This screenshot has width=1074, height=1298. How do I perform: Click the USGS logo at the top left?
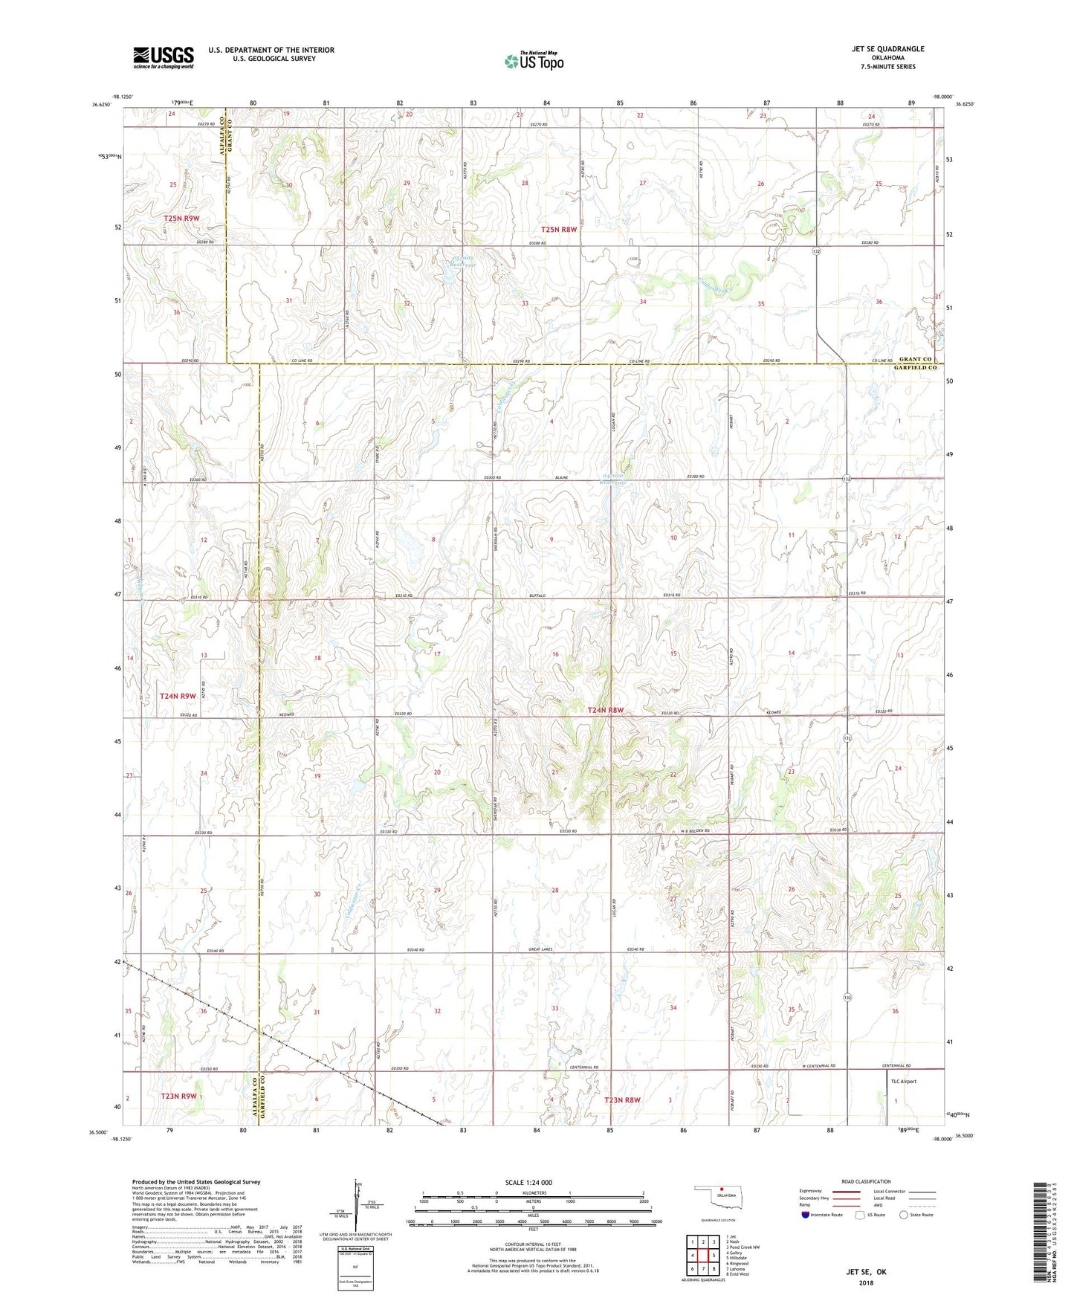pos(164,57)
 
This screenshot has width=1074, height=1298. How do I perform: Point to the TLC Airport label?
pos(903,1082)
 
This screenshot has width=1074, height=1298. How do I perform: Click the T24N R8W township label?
pos(605,711)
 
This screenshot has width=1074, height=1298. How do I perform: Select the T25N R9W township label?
pos(181,219)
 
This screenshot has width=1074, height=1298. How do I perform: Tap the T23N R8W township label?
pos(622,1100)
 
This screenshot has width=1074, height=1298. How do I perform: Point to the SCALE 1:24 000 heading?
pos(528,1182)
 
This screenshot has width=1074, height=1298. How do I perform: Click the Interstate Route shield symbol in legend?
pos(806,1215)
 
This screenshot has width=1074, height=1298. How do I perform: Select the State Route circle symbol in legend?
pos(904,1215)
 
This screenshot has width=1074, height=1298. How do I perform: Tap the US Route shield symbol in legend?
pos(861,1215)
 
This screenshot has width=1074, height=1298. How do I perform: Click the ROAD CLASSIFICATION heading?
pos(866,1181)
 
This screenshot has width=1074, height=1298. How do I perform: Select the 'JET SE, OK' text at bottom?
pos(866,1272)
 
